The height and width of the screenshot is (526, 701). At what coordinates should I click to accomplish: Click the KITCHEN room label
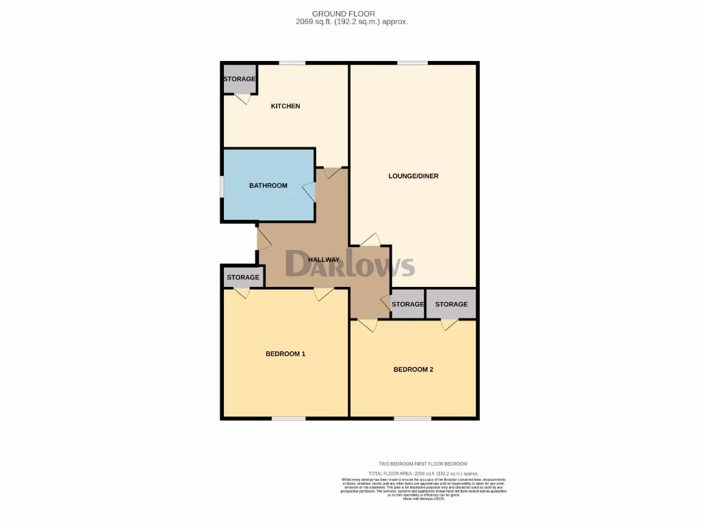pyautogui.click(x=285, y=106)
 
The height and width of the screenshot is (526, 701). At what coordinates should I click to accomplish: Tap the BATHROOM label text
pyautogui.click(x=268, y=186)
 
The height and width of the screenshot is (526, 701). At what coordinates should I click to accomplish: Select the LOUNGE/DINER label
pyautogui.click(x=413, y=176)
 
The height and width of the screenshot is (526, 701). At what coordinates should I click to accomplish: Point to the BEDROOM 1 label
pyautogui.click(x=285, y=354)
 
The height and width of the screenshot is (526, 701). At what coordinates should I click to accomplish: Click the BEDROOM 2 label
pyautogui.click(x=413, y=370)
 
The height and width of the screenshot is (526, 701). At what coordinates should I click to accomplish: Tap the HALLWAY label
pyautogui.click(x=324, y=260)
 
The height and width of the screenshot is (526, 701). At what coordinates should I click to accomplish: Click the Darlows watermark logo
pyautogui.click(x=350, y=264)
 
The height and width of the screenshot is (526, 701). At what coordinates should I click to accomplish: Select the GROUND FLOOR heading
pyautogui.click(x=353, y=14)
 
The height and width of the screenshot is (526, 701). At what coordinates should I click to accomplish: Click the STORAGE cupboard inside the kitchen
pyautogui.click(x=239, y=79)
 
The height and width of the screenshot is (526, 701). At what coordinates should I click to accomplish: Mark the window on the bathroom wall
pyautogui.click(x=221, y=186)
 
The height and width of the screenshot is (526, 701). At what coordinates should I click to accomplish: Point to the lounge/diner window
pyautogui.click(x=412, y=63)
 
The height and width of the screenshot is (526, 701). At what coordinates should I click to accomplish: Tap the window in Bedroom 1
pyautogui.click(x=288, y=418)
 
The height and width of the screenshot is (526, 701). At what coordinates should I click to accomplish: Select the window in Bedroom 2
pyautogui.click(x=412, y=418)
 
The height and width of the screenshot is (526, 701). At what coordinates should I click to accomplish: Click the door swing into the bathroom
pyautogui.click(x=309, y=192)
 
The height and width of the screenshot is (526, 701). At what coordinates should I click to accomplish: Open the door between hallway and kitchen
pyautogui.click(x=332, y=173)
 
